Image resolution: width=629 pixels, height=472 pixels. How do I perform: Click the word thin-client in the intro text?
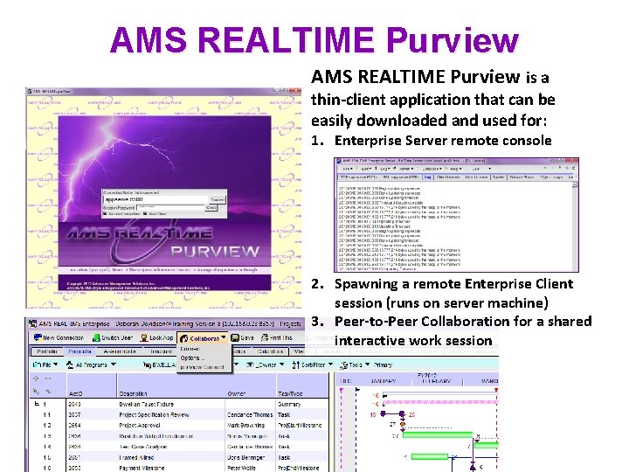click(x=348, y=99)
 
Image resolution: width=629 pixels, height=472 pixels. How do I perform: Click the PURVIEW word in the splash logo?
click(x=215, y=252)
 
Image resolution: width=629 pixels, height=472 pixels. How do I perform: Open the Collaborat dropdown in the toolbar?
click(x=202, y=338)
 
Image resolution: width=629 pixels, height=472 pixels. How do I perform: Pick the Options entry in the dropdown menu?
click(x=190, y=357)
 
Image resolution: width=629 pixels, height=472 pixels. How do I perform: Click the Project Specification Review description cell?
click(x=154, y=415)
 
